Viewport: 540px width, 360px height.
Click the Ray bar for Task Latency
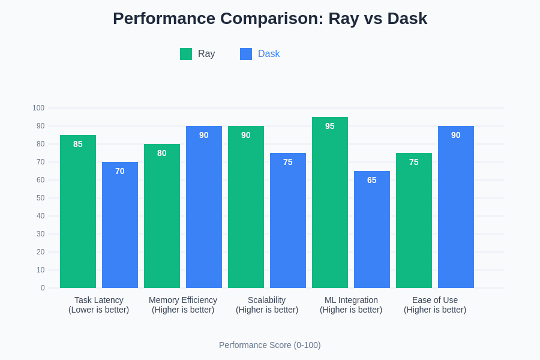coord(78,216)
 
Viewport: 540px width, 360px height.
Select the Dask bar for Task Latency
coord(120,228)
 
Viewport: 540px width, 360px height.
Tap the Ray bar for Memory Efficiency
coord(162,219)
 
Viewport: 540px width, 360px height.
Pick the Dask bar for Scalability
coord(288,222)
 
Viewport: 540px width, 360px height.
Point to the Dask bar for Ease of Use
coord(456,210)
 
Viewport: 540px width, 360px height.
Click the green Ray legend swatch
coord(186,54)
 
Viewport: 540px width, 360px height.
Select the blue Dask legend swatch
coord(246,54)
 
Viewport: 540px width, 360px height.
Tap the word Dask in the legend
coord(269,54)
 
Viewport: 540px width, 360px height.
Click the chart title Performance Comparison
coord(270,19)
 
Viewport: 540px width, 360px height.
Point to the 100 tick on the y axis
coord(38,108)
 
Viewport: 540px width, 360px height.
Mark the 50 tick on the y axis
coord(40,198)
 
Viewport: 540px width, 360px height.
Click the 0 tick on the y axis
coord(43,288)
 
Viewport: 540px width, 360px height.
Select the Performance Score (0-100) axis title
coord(270,345)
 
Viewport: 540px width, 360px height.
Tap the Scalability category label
coord(267,300)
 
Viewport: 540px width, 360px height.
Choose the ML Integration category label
coord(351,300)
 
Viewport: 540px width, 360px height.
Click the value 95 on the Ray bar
coord(330,126)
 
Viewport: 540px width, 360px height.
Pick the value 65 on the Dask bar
coord(372,180)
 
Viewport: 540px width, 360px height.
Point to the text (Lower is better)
coord(99,310)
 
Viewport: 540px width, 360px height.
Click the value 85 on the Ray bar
coord(78,144)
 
